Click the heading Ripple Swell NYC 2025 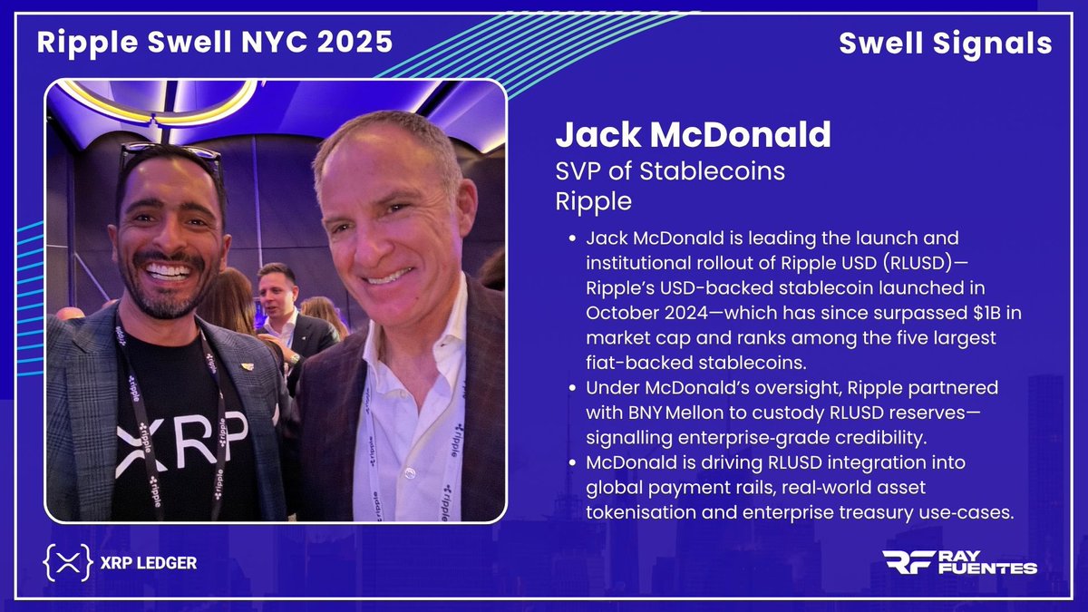(215, 42)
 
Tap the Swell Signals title (945, 44)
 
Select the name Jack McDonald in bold (693, 135)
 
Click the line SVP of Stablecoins (670, 170)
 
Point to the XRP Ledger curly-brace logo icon (67, 563)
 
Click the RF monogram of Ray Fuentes (908, 562)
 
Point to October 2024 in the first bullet (645, 313)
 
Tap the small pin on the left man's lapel (248, 366)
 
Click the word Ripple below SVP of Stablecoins (593, 200)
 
